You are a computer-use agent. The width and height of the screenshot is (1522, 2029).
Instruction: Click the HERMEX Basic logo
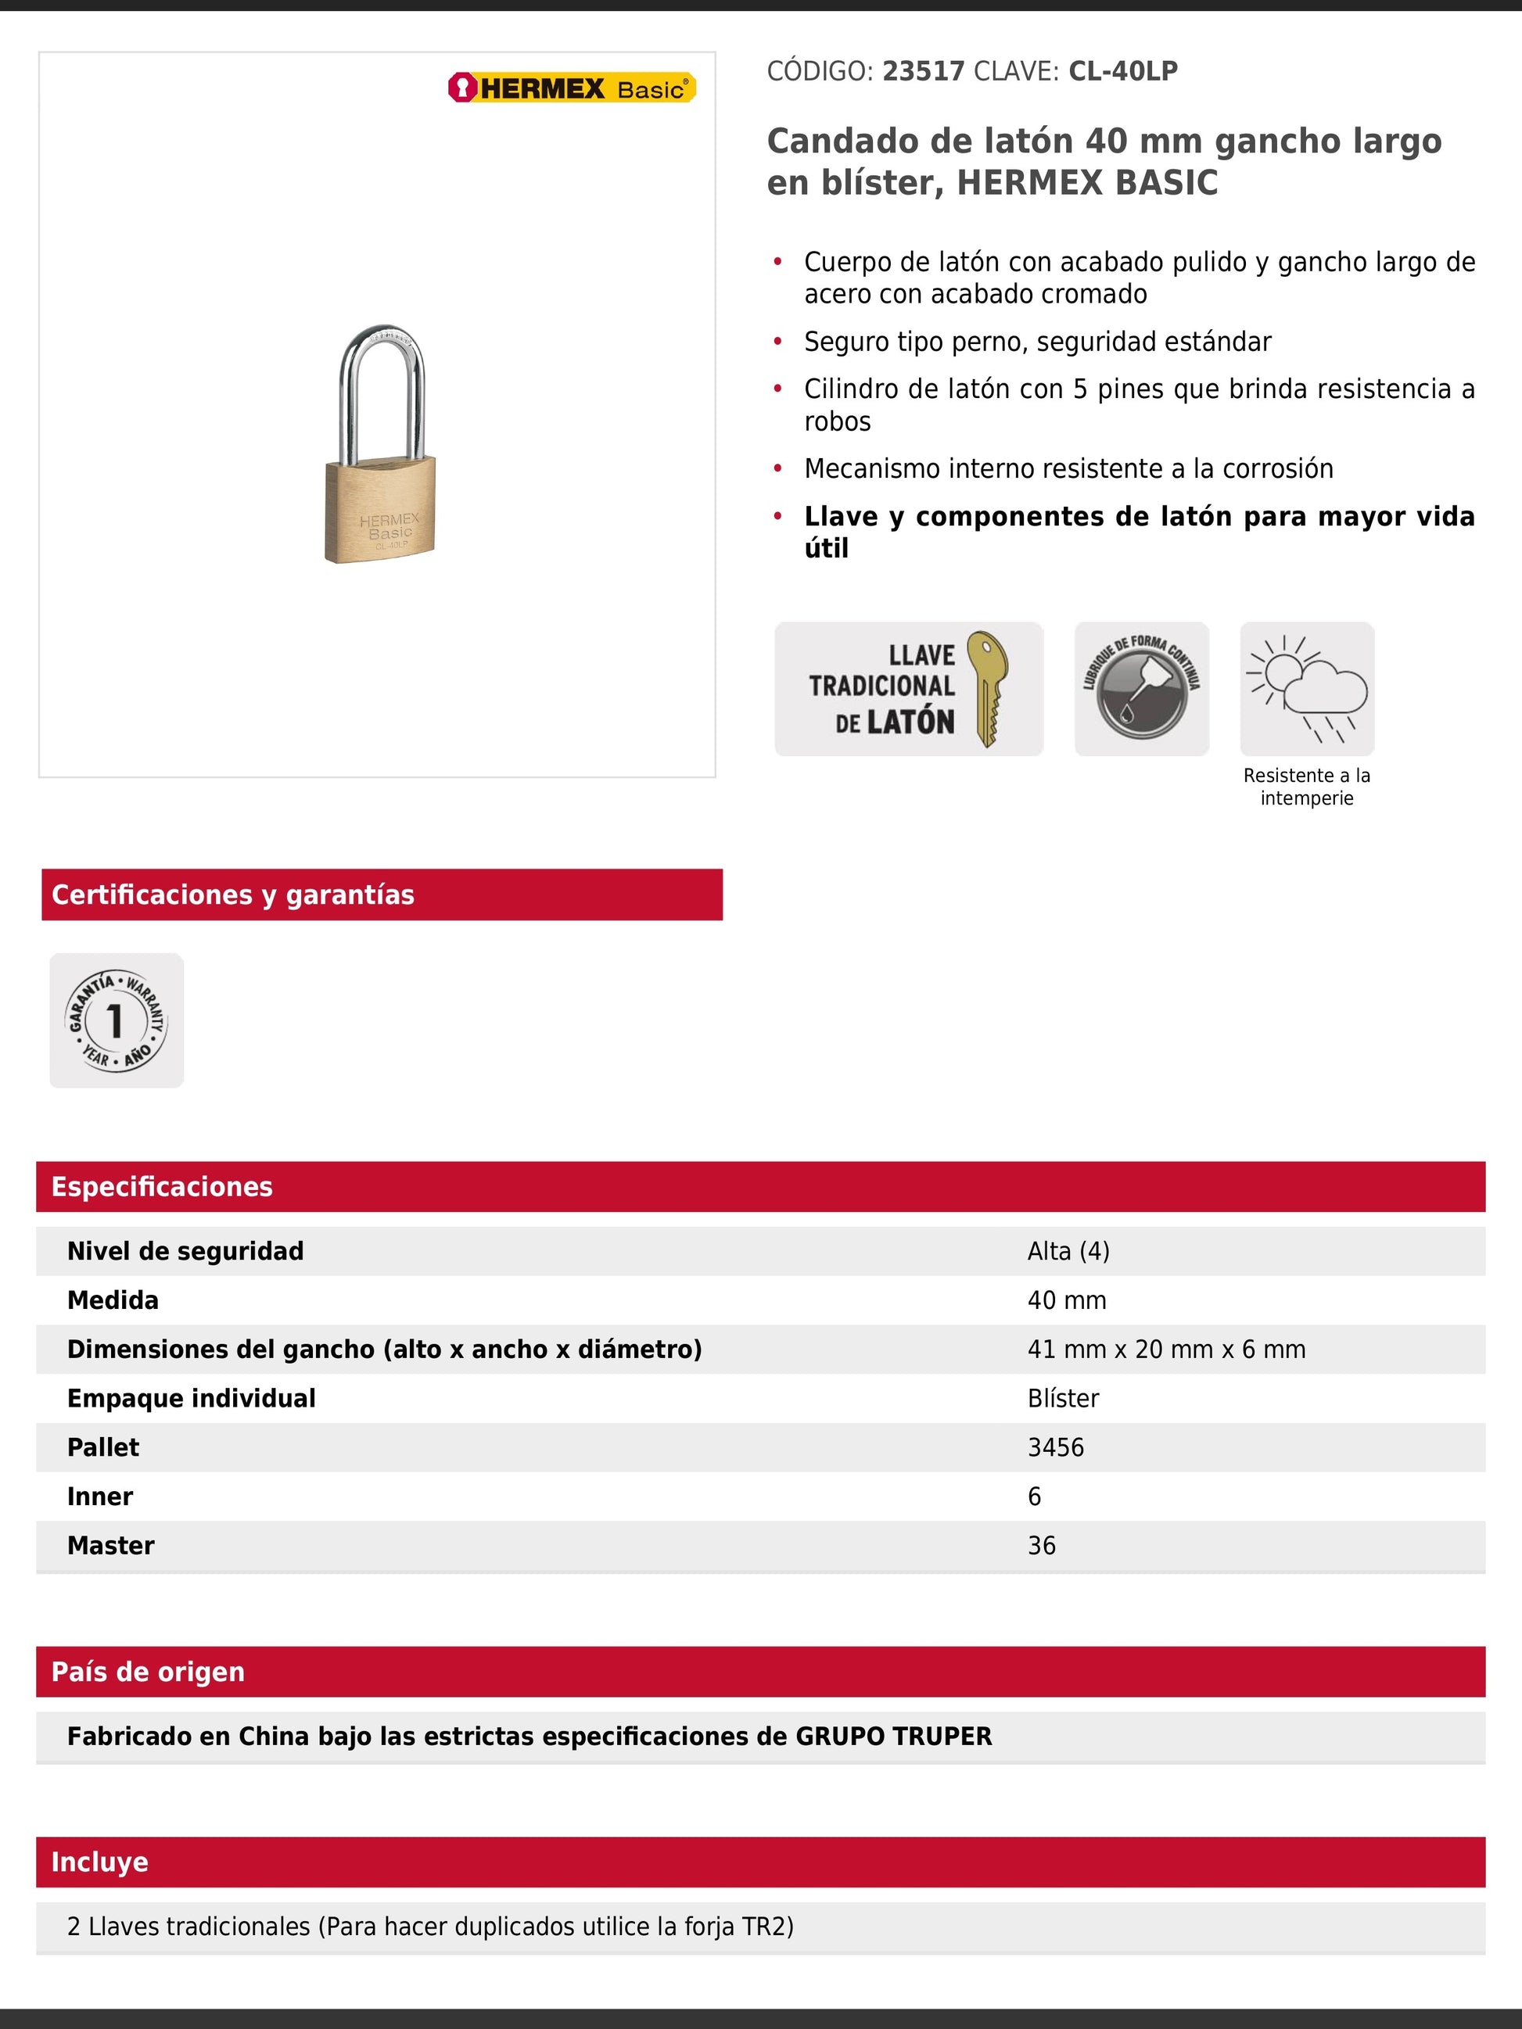click(x=572, y=88)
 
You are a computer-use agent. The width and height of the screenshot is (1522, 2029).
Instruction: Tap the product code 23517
click(x=923, y=72)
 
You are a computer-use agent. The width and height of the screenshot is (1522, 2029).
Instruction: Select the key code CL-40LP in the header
click(x=1123, y=72)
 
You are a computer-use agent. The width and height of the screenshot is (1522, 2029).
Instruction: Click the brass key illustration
click(x=987, y=687)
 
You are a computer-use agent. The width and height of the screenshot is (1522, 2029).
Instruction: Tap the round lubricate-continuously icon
click(x=1141, y=689)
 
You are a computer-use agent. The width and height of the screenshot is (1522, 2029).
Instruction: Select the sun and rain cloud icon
click(x=1306, y=689)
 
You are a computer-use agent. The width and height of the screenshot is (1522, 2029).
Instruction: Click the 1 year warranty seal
click(x=117, y=1020)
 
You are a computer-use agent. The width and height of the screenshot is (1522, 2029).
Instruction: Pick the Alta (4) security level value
click(x=1068, y=1251)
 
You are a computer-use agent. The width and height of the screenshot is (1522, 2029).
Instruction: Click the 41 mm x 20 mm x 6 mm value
click(x=1166, y=1350)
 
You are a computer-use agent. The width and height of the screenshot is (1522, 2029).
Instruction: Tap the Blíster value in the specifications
click(x=1062, y=1399)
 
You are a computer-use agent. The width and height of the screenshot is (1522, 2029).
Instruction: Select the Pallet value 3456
click(x=1055, y=1447)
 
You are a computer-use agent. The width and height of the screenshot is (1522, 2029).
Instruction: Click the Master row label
click(x=111, y=1546)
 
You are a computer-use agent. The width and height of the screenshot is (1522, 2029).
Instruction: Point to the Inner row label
click(x=100, y=1497)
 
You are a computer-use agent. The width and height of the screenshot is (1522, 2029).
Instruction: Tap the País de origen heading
click(x=148, y=1672)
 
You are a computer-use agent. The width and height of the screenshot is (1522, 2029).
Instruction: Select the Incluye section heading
click(x=100, y=1862)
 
